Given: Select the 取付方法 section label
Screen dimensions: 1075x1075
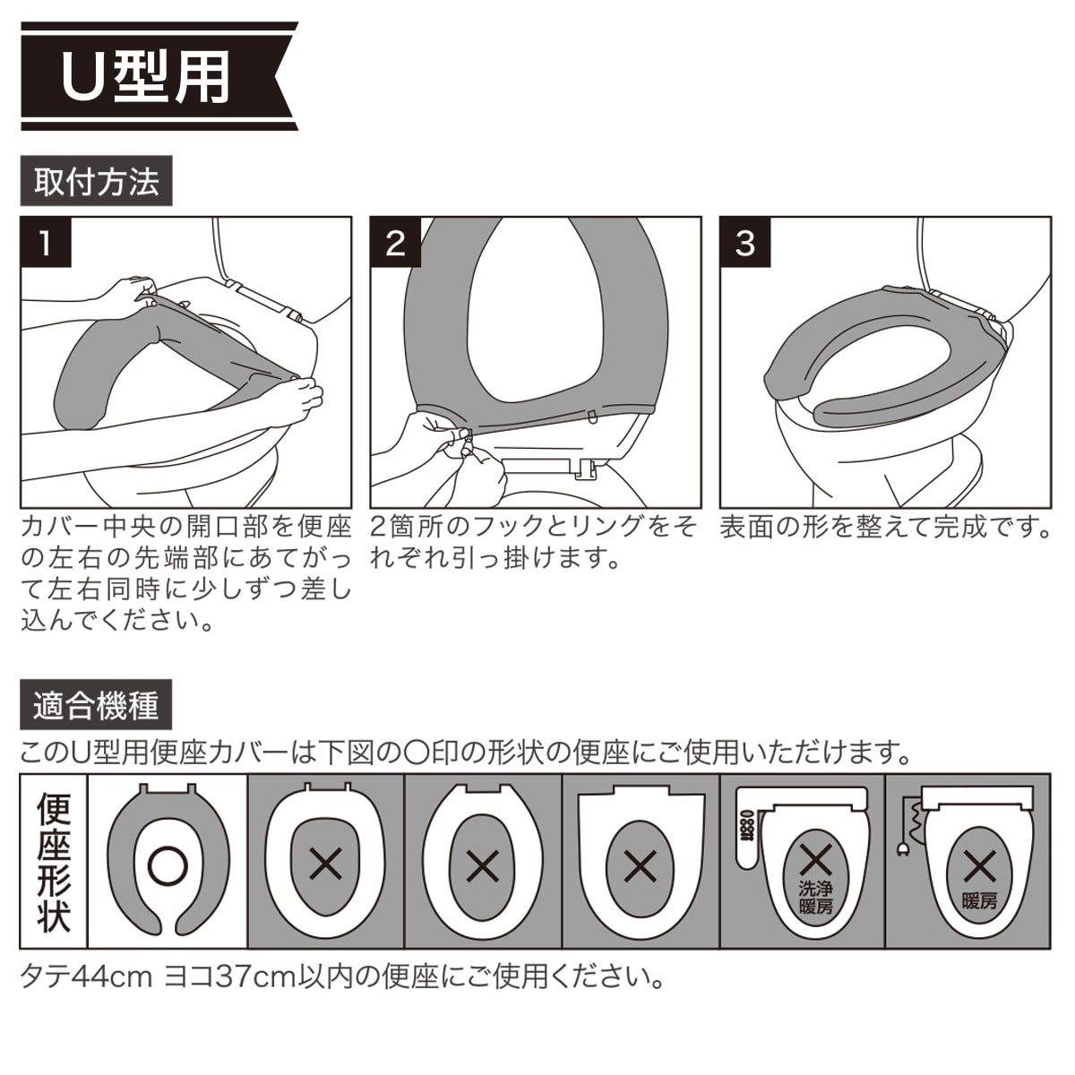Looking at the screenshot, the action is coord(97,181).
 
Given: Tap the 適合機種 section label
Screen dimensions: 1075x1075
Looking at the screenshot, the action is coord(96,705).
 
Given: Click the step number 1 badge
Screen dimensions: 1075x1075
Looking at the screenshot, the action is coord(46,243).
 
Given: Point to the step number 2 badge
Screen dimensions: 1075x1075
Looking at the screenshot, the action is coord(396,243).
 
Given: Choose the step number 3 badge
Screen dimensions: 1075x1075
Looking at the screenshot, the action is coord(745,243).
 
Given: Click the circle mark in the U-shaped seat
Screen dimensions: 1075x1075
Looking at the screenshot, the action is coord(168,865).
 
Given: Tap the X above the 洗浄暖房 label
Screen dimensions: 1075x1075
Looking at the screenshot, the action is coord(815,860).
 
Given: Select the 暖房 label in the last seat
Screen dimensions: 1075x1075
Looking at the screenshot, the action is coord(980,900).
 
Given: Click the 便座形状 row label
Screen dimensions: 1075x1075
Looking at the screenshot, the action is coord(54,861).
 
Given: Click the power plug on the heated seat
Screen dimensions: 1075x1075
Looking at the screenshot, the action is coord(901,863).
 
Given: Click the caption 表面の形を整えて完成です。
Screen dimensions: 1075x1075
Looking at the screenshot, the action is coord(885,527).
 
